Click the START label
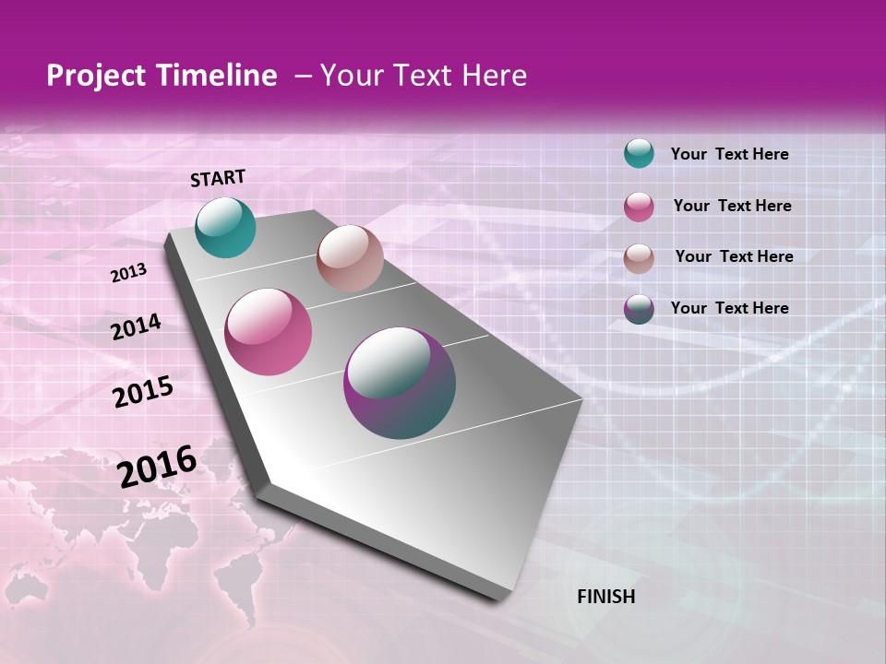218,178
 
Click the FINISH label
605,597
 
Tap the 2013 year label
128,273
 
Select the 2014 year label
136,327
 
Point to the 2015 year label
143,392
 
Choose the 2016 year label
157,467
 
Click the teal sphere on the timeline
226,227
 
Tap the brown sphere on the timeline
350,258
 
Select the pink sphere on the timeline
269,332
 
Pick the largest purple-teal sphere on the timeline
400,383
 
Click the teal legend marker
639,153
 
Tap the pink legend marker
639,207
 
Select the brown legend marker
639,258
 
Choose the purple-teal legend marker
639,309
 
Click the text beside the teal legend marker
729,154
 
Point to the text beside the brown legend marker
734,256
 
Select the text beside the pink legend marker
732,206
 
